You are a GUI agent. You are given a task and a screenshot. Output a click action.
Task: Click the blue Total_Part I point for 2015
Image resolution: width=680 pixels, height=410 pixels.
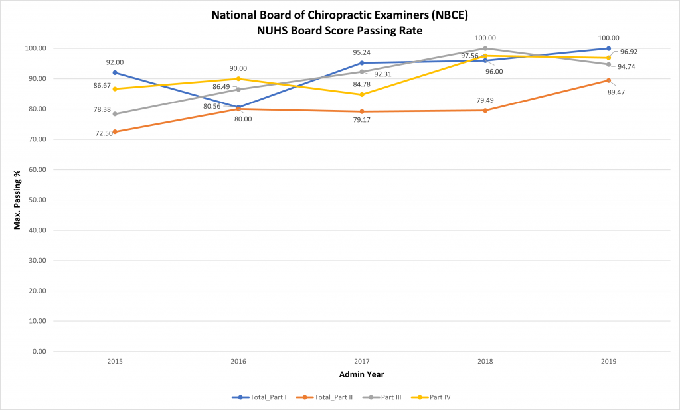pos(115,72)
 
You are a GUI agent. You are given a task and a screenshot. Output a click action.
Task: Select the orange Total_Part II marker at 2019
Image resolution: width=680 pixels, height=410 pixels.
pos(608,80)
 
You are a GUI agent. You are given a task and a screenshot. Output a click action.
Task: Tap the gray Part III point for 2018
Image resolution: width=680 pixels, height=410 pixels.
pos(485,48)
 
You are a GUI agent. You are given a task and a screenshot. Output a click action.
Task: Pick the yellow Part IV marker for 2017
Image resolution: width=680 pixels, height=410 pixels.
pos(362,94)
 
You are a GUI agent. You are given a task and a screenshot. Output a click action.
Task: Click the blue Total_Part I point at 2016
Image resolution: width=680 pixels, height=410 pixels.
pos(238,107)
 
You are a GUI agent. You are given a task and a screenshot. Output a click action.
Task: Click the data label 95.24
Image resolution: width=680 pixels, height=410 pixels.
pos(361,52)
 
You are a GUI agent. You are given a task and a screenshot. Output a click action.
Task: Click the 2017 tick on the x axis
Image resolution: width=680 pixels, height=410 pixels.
pos(362,362)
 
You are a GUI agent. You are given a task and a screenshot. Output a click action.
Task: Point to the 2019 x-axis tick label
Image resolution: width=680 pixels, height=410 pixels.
pos(608,362)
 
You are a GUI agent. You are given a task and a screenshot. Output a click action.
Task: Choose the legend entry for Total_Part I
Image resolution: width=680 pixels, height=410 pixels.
pos(259,397)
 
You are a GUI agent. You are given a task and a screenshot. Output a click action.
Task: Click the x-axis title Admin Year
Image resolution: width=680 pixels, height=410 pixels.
pos(361,375)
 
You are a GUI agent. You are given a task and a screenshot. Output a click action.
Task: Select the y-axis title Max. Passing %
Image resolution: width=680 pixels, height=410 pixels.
pos(18,200)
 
